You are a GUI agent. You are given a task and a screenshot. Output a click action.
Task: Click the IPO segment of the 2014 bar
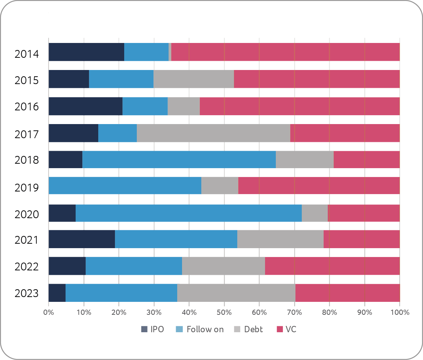point(86,52)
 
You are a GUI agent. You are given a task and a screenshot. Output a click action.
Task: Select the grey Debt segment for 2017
point(214,133)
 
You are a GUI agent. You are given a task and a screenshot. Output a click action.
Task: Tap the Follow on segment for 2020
point(189,213)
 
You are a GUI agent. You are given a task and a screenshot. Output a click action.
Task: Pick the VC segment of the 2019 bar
point(319,185)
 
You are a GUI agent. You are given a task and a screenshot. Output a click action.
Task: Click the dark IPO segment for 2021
point(82,239)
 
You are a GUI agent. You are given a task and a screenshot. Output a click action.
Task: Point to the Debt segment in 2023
point(236,293)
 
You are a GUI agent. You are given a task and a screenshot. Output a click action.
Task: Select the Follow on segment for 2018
point(179,160)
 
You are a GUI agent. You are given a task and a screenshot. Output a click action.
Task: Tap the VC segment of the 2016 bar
point(300,106)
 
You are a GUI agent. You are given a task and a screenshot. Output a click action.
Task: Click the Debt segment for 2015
point(194,79)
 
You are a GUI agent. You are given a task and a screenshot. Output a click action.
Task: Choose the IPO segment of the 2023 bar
point(57,293)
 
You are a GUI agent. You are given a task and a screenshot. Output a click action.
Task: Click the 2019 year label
point(27,188)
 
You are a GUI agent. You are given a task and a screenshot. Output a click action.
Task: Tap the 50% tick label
point(224,312)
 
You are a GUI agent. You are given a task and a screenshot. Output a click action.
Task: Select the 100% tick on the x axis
point(399,312)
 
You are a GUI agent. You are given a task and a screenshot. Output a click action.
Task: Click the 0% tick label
point(49,312)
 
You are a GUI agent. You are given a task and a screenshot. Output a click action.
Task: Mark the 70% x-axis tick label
point(294,312)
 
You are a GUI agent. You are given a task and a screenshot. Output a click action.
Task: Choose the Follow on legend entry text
point(205,329)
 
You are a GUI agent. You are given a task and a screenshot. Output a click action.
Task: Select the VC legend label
point(291,329)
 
